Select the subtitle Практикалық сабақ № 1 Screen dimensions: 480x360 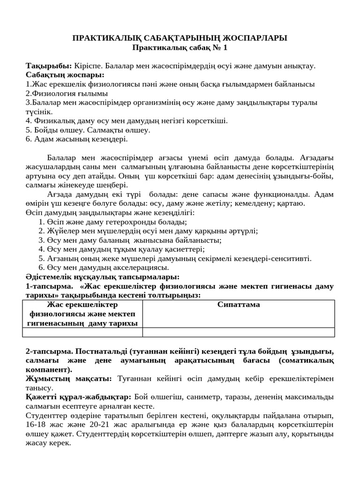click(x=180, y=47)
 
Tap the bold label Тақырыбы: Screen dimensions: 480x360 click(x=49, y=66)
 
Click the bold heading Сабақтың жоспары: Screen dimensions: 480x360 click(x=65, y=75)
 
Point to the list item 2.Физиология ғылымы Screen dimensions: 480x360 click(x=67, y=93)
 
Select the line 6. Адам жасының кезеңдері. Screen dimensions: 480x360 click(x=76, y=139)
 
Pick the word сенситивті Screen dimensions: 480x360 click(x=293, y=258)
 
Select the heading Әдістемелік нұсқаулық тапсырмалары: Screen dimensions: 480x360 click(x=103, y=277)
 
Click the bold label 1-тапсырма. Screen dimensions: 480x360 click(x=49, y=286)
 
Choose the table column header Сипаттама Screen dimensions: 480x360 click(x=239, y=305)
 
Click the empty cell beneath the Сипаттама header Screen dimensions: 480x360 click(x=239, y=332)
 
